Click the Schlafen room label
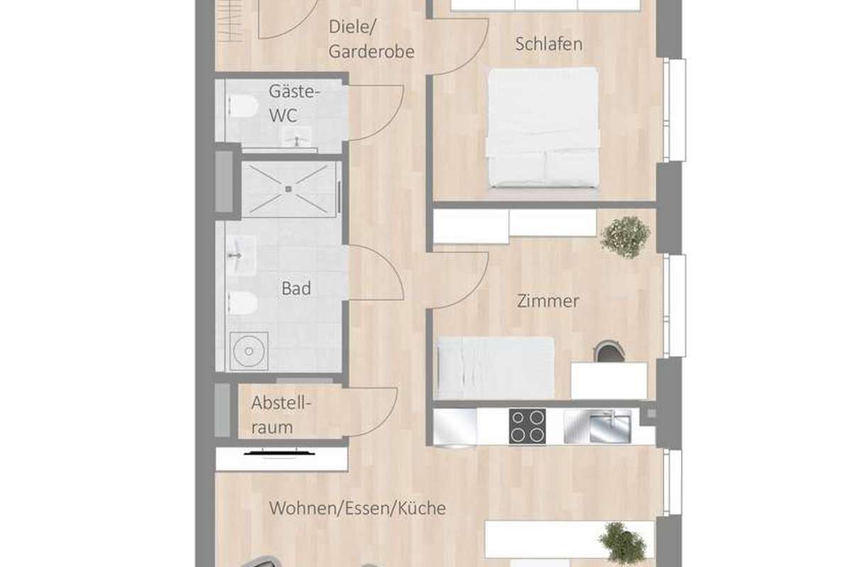549,44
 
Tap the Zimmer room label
547,301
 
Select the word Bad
296,288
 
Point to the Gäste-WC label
294,103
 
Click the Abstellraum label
281,415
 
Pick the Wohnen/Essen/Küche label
357,508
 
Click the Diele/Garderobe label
371,39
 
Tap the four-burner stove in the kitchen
528,426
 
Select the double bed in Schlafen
543,128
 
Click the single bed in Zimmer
496,367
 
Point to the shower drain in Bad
289,189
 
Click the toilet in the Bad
243,303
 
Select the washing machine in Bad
249,352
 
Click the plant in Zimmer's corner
625,237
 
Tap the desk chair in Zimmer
608,352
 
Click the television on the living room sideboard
279,453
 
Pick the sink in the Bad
241,256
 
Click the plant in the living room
623,544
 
